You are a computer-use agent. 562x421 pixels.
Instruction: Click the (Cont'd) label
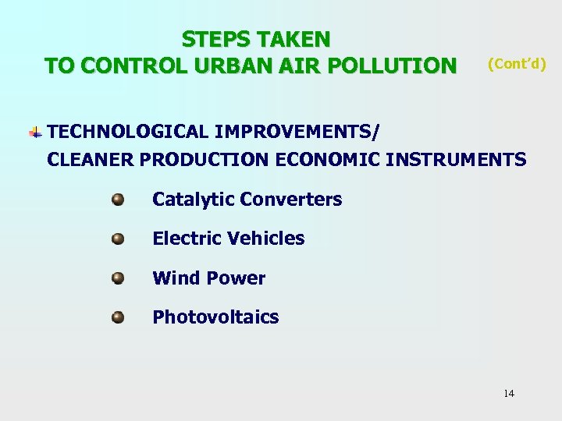pyautogui.click(x=517, y=63)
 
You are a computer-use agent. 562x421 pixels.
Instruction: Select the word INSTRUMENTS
pyautogui.click(x=456, y=159)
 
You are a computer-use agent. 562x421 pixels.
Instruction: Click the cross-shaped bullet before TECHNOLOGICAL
pyautogui.click(x=36, y=132)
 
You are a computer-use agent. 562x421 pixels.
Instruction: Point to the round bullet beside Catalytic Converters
pyautogui.click(x=118, y=200)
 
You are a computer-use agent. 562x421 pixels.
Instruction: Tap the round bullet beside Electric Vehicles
pyautogui.click(x=118, y=239)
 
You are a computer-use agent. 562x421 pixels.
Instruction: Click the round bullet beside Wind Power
pyautogui.click(x=118, y=278)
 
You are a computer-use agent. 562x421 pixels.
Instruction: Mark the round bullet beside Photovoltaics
pyautogui.click(x=118, y=317)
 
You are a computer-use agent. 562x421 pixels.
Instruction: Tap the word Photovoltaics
pyautogui.click(x=215, y=317)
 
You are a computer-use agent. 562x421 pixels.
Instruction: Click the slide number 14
pyautogui.click(x=509, y=393)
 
